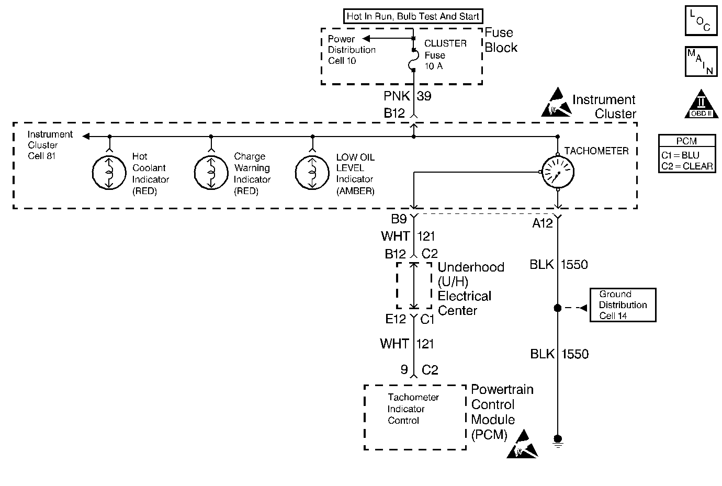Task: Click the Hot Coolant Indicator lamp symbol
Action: point(109,172)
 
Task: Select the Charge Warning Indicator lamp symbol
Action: point(211,172)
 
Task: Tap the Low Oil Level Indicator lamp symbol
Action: point(312,172)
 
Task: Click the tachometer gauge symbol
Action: point(558,172)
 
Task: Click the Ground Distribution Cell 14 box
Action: point(623,305)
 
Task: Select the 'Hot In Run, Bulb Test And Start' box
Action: point(413,16)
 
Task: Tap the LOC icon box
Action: point(701,20)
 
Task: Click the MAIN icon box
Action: point(701,61)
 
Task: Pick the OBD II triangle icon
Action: point(702,104)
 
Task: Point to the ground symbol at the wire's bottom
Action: point(558,440)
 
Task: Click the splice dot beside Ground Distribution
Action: point(558,308)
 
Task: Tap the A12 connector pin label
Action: point(543,223)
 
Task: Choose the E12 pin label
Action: point(396,319)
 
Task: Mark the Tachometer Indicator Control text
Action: point(413,409)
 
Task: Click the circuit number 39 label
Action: point(424,96)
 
